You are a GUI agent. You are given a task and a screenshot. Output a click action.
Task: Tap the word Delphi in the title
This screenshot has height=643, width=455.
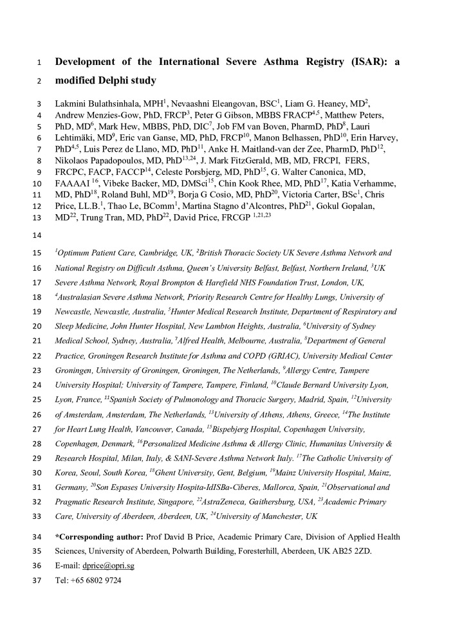[113, 81]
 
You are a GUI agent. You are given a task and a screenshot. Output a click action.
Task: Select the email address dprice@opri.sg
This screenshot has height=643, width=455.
[108, 566]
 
